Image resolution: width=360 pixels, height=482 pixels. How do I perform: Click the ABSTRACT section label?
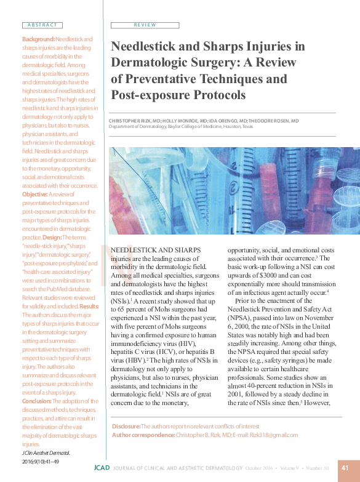coord(42,25)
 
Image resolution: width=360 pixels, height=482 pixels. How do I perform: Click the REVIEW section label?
coord(145,25)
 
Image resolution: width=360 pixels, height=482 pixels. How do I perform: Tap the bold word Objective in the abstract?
coord(30,194)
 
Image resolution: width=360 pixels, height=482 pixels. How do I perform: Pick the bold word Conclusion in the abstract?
coord(31,401)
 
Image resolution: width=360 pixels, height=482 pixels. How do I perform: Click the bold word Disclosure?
coord(126,427)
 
